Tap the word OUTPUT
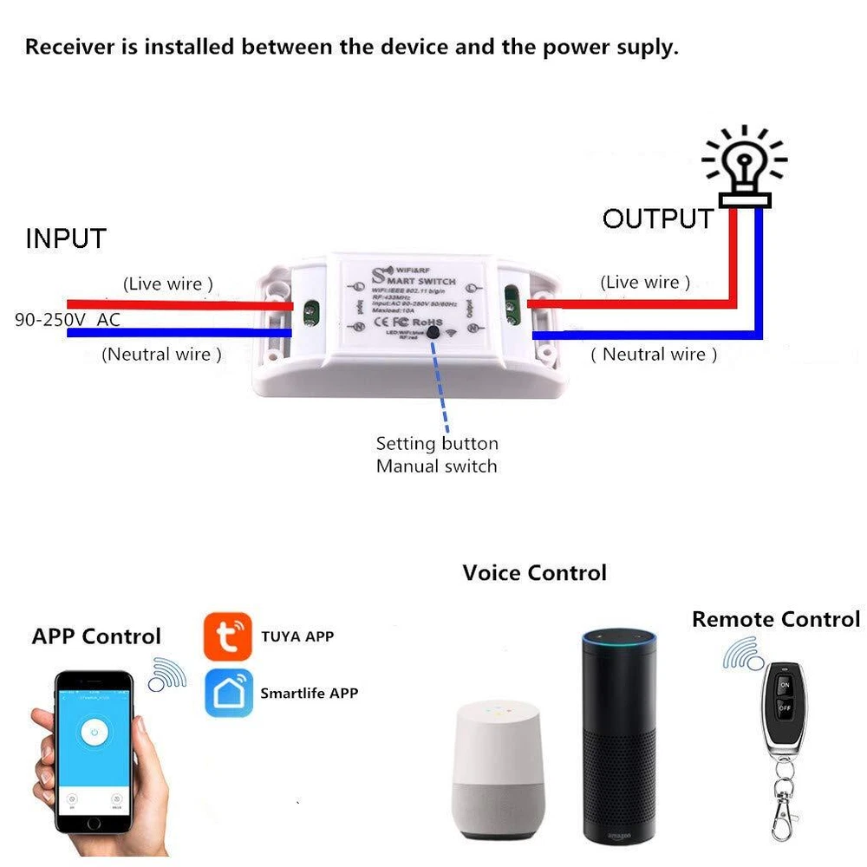tap(658, 218)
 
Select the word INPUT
tap(66, 238)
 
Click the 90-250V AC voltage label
tap(68, 320)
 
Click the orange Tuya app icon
tap(228, 636)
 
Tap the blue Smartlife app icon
tap(228, 693)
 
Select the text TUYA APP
tap(297, 636)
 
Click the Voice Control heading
tap(534, 573)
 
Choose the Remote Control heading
tap(775, 619)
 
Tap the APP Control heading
tap(96, 636)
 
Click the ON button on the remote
tap(784, 685)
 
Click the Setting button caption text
tap(437, 444)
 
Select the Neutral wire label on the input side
tap(161, 354)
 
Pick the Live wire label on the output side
tap(645, 283)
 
